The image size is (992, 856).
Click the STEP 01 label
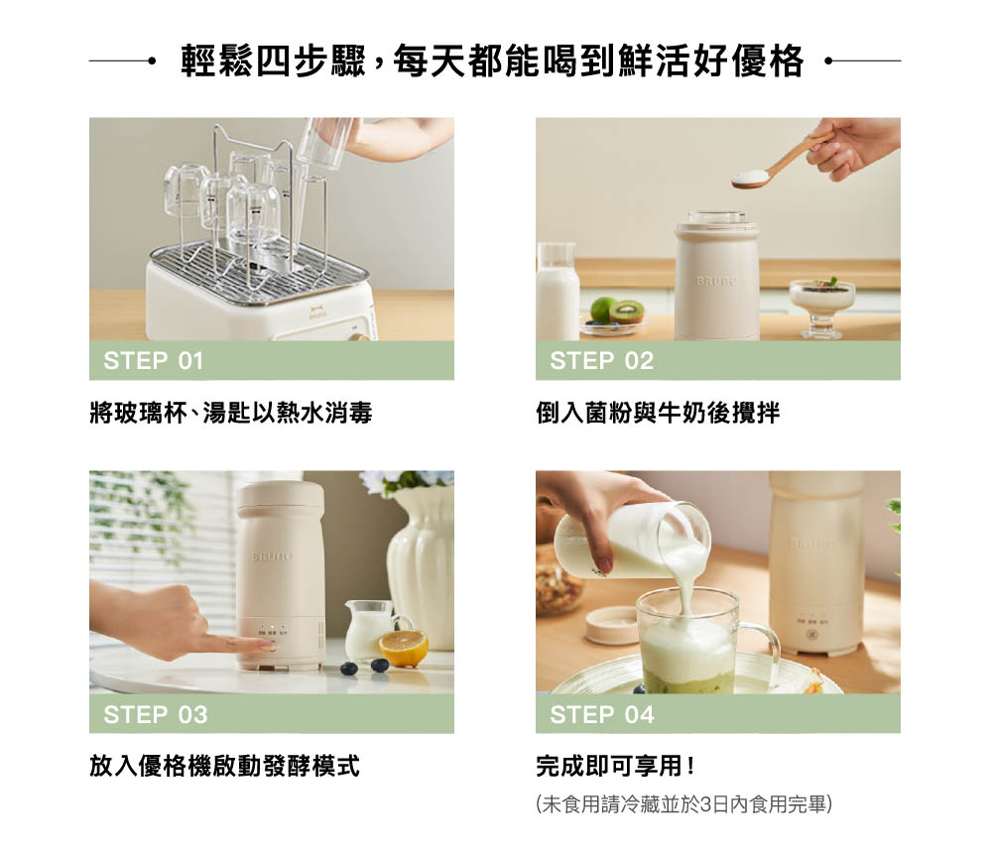tap(154, 361)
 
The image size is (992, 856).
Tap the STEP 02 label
tap(602, 361)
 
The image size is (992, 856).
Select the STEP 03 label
tap(156, 714)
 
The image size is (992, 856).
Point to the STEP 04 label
tap(602, 714)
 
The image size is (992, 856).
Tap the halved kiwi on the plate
tap(626, 310)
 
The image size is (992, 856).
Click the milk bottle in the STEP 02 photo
tap(557, 291)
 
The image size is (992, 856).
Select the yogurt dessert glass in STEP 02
tap(821, 306)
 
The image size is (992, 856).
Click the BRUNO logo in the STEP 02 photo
tap(716, 281)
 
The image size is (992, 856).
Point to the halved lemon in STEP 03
tap(403, 648)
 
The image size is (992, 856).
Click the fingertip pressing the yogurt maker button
tap(267, 646)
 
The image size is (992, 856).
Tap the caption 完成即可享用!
tap(616, 766)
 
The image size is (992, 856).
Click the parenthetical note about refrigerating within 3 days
tap(683, 804)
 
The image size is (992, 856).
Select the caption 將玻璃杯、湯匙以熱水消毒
tap(231, 413)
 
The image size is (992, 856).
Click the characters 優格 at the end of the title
tap(768, 61)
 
